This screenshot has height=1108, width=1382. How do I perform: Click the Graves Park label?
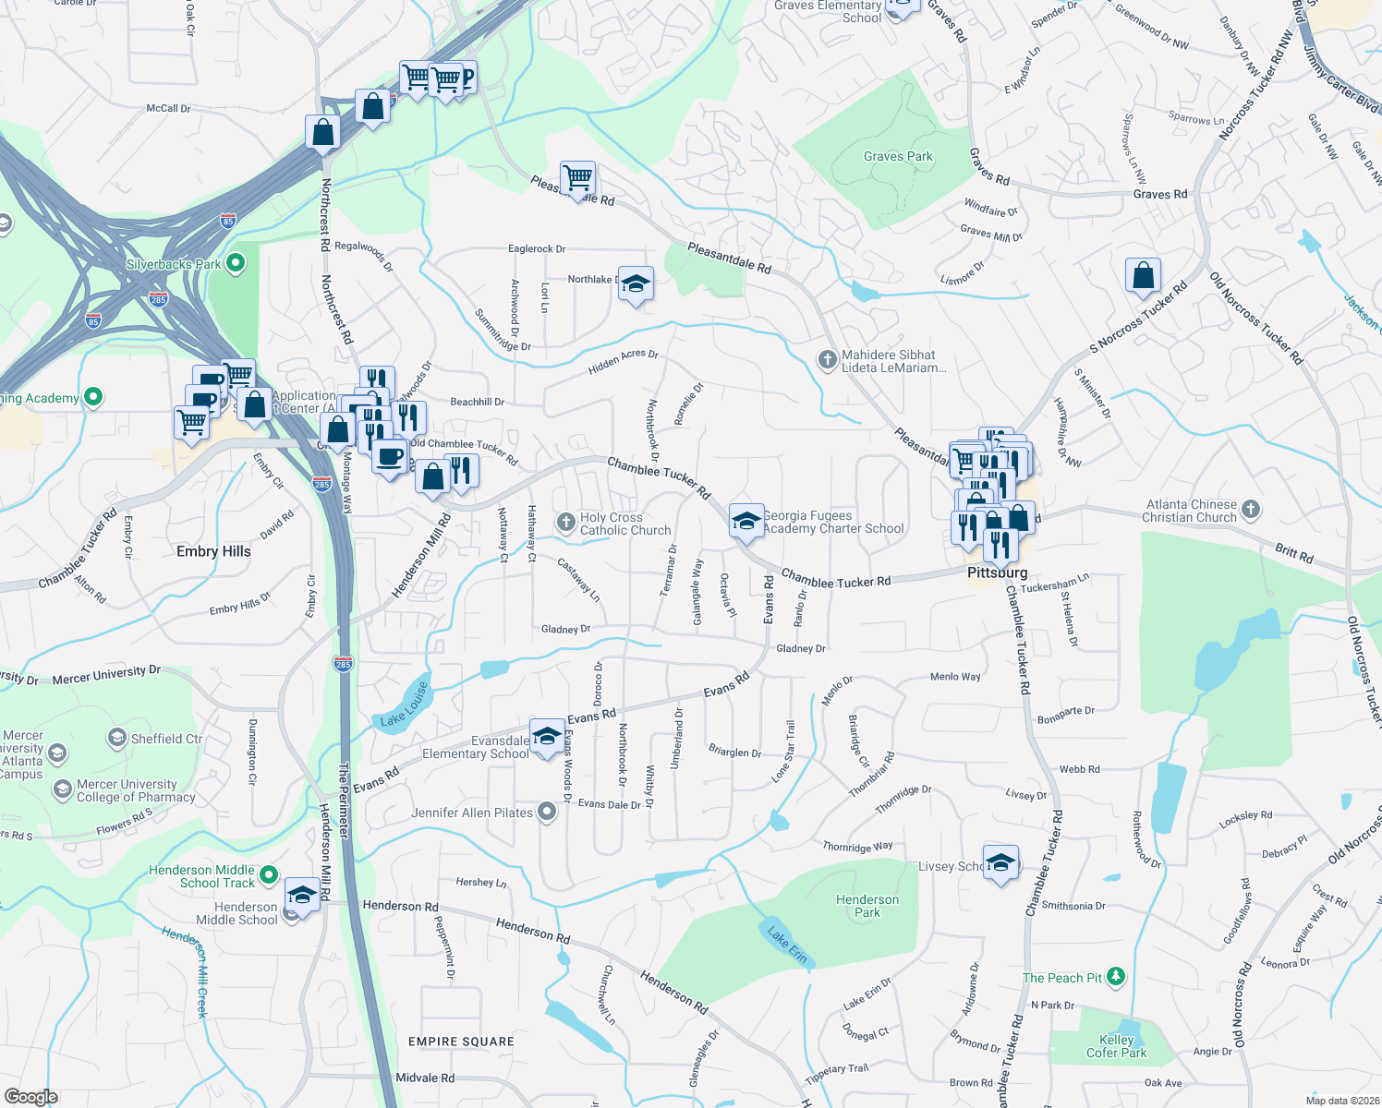pyautogui.click(x=898, y=157)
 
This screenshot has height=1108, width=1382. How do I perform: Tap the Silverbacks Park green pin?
pyautogui.click(x=236, y=264)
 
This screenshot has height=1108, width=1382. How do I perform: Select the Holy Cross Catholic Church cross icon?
pyautogui.click(x=565, y=523)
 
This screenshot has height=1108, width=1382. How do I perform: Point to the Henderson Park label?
pyautogui.click(x=867, y=906)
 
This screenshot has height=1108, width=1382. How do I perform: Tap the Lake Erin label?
pyautogui.click(x=787, y=945)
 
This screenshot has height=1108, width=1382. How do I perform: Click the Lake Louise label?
pyautogui.click(x=405, y=705)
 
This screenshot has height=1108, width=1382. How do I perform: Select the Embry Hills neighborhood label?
pyautogui.click(x=213, y=551)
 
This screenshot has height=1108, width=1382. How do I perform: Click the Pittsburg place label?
pyautogui.click(x=997, y=573)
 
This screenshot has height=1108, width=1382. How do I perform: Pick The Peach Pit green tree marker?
pyautogui.click(x=1116, y=977)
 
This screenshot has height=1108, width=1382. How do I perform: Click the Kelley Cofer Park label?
pyautogui.click(x=1116, y=1046)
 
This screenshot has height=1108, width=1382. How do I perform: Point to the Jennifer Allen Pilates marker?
pyautogui.click(x=547, y=813)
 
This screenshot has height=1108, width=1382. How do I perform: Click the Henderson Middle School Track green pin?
pyautogui.click(x=268, y=873)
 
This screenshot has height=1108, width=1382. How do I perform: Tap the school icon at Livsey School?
pyautogui.click(x=1000, y=863)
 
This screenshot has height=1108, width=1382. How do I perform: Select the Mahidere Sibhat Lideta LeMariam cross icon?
pyautogui.click(x=827, y=360)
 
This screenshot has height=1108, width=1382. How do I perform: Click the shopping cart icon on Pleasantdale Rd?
pyautogui.click(x=577, y=176)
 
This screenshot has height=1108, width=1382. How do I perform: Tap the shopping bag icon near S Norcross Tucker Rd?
pyautogui.click(x=1143, y=275)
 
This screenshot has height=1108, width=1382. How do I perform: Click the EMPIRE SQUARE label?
pyautogui.click(x=461, y=1042)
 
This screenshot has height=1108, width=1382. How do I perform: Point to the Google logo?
pyautogui.click(x=30, y=1097)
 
